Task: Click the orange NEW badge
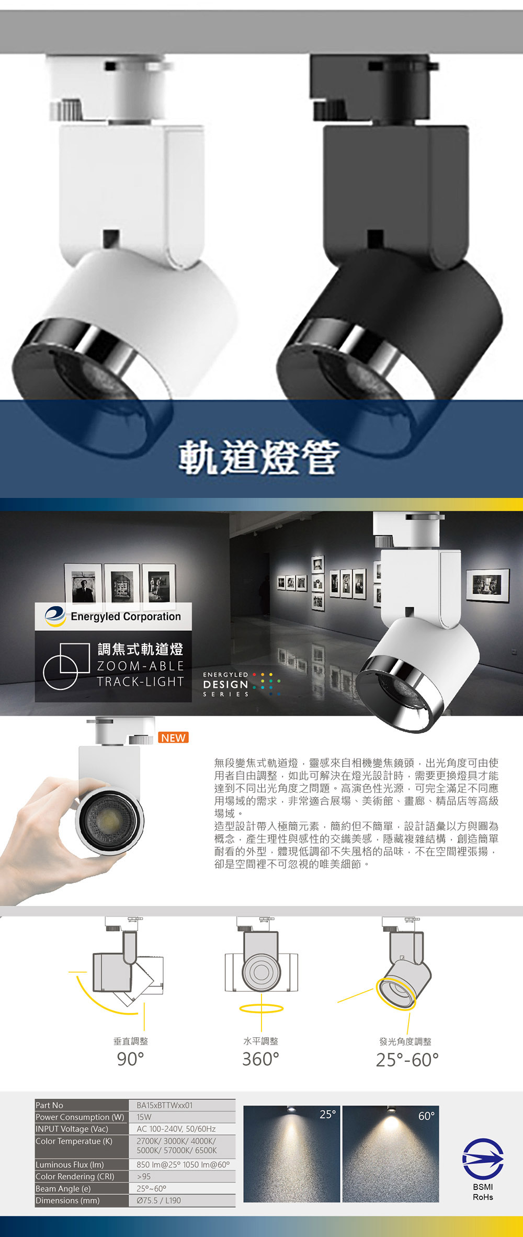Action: tap(173, 737)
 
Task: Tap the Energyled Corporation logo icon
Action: tap(55, 616)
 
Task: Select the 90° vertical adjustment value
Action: tap(130, 1059)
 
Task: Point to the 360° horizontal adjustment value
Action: tap(260, 1059)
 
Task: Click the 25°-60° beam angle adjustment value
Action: tap(407, 1060)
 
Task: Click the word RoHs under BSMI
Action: tap(483, 1197)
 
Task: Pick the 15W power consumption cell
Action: tap(144, 1117)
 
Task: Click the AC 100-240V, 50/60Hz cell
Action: tap(176, 1129)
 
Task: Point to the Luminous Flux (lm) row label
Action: tap(70, 1164)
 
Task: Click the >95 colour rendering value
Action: tap(144, 1176)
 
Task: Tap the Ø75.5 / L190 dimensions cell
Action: tap(158, 1200)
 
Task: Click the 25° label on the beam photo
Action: tap(327, 1115)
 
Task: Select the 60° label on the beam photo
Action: tap(426, 1116)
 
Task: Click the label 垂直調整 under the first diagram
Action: tap(131, 1041)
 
